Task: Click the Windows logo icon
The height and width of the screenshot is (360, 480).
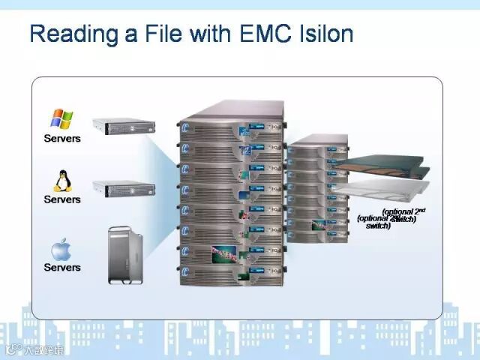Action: pyautogui.click(x=61, y=118)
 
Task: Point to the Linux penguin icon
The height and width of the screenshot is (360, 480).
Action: pyautogui.click(x=61, y=181)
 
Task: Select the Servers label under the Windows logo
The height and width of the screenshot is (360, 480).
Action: pyautogui.click(x=61, y=139)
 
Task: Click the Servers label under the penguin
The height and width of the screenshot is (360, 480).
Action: pyautogui.click(x=61, y=199)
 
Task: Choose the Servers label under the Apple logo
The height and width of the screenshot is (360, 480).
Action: pyautogui.click(x=61, y=267)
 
